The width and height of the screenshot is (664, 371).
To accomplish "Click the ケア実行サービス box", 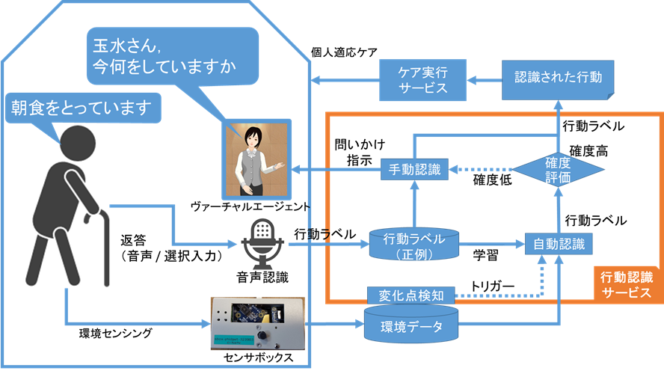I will pyautogui.click(x=422, y=78).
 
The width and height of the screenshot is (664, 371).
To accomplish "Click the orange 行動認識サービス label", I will pyautogui.click(x=627, y=284).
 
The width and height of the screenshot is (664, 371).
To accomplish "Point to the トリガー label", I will pyautogui.click(x=491, y=286).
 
